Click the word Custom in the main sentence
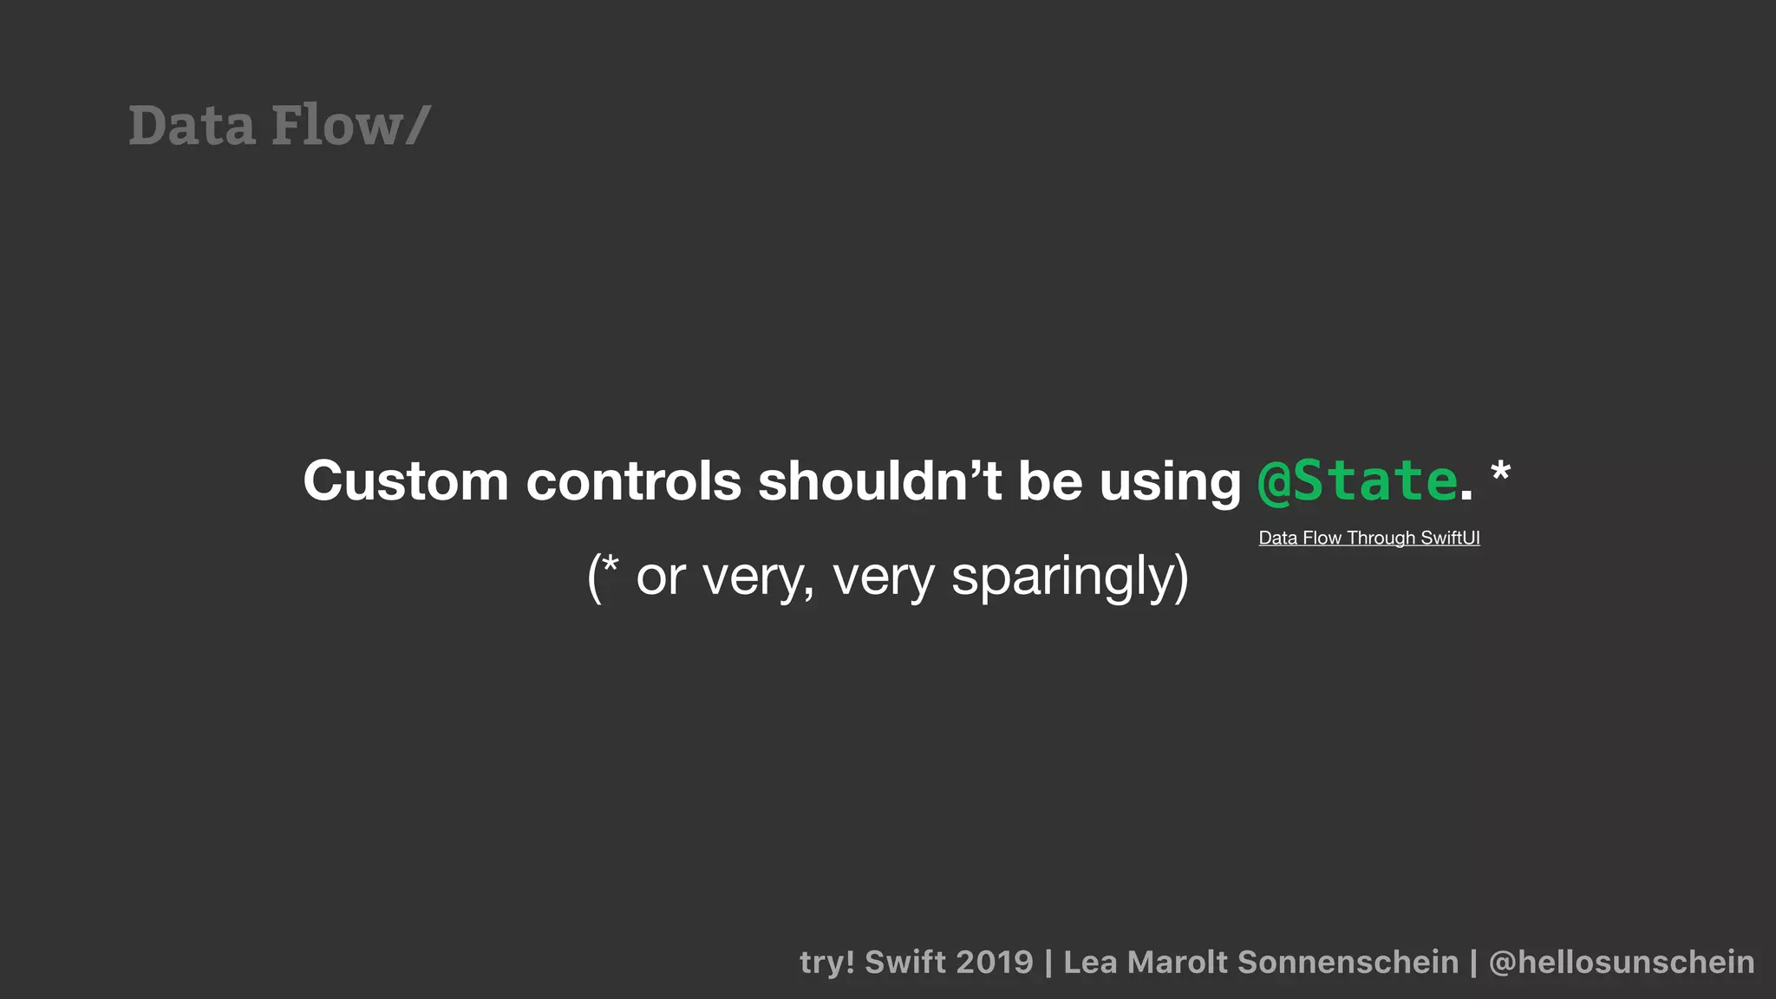point(405,480)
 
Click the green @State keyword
point(1357,480)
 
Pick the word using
point(1170,482)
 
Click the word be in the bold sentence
point(1049,480)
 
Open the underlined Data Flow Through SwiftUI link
point(1368,538)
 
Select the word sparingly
point(1069,577)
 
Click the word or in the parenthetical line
point(661,577)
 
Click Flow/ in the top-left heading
point(350,125)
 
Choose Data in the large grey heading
point(192,125)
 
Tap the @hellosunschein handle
point(1621,962)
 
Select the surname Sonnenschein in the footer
point(1348,962)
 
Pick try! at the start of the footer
point(826,962)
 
